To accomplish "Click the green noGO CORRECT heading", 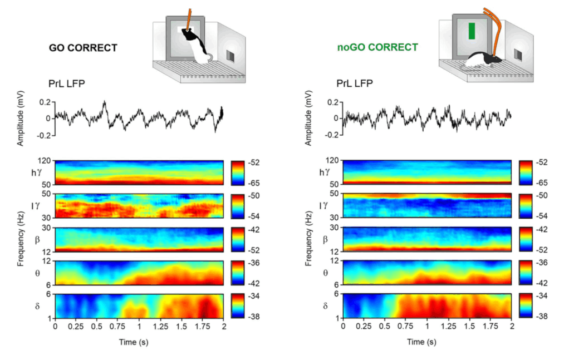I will [x=377, y=47].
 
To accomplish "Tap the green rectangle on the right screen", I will [x=472, y=31].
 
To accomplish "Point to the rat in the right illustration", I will [x=483, y=59].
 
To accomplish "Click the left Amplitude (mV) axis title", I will [x=21, y=120].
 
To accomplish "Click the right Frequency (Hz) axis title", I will [x=308, y=240].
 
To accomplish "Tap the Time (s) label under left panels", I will [x=133, y=342].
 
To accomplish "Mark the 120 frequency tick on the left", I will [x=44, y=161].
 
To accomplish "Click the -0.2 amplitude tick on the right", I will [x=331, y=135].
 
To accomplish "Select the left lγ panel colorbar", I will [x=237, y=206].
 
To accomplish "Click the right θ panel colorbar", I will [x=526, y=272].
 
